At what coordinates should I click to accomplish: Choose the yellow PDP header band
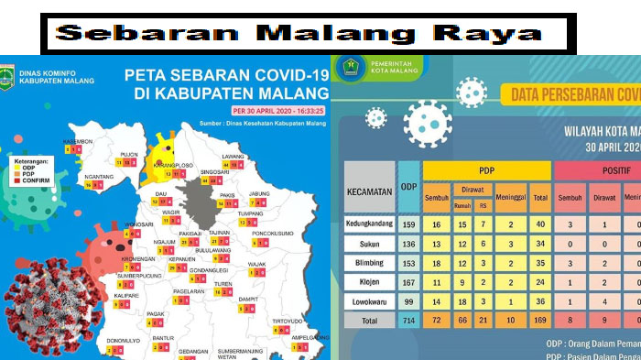487,171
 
